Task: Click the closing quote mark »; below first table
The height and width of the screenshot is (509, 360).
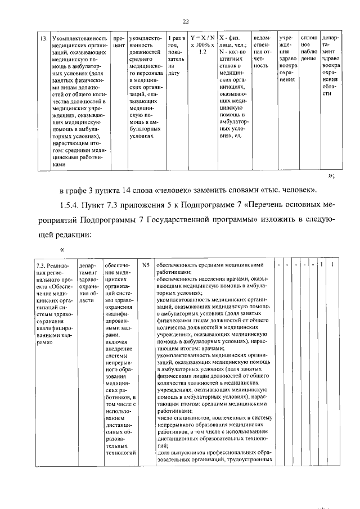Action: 331,175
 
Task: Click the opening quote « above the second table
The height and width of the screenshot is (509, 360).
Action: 62,249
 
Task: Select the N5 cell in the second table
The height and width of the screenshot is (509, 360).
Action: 146,264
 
